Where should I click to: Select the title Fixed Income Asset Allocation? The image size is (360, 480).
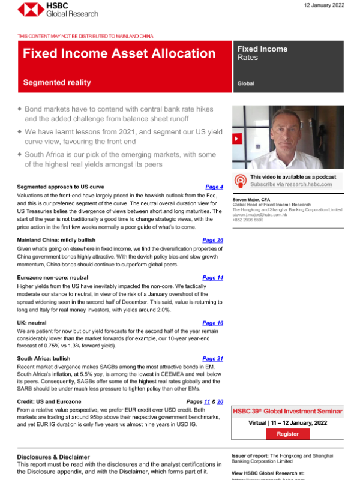pos(119,53)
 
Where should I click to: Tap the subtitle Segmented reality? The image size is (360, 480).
pos(56,82)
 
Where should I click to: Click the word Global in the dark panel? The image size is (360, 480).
pos(245,84)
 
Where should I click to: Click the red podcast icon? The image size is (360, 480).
pos(240,180)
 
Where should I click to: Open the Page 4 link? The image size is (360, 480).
pos(214,187)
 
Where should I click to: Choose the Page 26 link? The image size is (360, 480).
pos(212,240)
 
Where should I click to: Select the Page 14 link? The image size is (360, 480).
pos(212,278)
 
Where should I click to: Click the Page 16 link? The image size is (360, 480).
pos(212,323)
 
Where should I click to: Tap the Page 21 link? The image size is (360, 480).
pos(212,359)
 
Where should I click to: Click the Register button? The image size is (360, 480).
pos(287,434)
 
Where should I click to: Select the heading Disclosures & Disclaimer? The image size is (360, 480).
pos(53,457)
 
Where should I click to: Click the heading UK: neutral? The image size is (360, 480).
pos(34,323)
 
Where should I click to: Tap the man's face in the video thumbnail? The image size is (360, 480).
pos(281,129)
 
